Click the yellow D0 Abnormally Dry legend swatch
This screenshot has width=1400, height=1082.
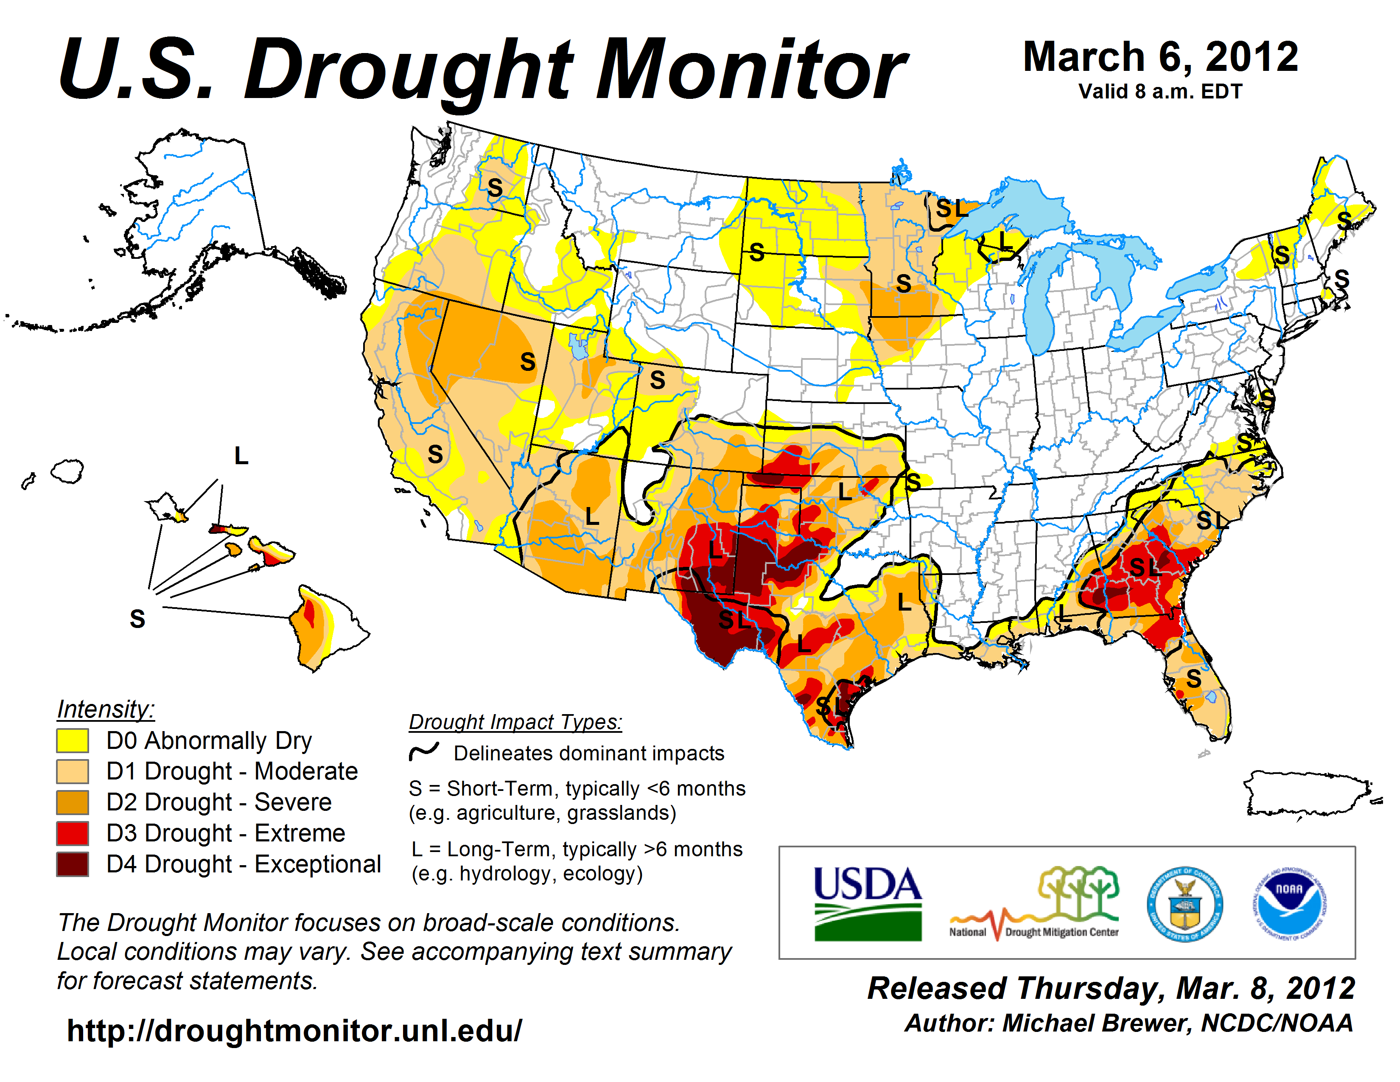tap(72, 740)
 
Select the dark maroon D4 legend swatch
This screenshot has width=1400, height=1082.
tap(72, 864)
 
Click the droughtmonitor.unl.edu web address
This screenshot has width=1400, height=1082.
tap(294, 1031)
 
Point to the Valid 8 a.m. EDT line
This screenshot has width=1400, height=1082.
tap(1160, 92)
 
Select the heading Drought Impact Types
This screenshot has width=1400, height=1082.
tap(515, 722)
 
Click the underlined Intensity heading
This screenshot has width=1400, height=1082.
tap(106, 709)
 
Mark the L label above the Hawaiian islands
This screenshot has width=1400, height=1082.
tap(241, 456)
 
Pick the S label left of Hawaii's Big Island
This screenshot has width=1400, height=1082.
tap(137, 619)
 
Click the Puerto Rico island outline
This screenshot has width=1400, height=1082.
tap(1308, 795)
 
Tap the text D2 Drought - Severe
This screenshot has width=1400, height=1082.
tap(218, 802)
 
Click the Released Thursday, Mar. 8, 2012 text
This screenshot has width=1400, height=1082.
tap(1111, 988)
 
